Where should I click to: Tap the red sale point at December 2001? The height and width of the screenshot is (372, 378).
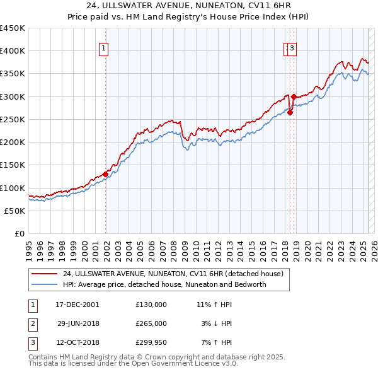[x=105, y=175]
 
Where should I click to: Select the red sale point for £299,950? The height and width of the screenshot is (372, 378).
[x=294, y=96]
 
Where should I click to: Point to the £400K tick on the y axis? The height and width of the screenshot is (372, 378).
[x=13, y=51]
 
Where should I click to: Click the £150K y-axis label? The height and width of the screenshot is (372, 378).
[x=13, y=165]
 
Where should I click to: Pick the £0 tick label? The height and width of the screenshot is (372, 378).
[x=20, y=234]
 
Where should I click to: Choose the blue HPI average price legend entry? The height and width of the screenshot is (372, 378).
[x=164, y=284]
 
